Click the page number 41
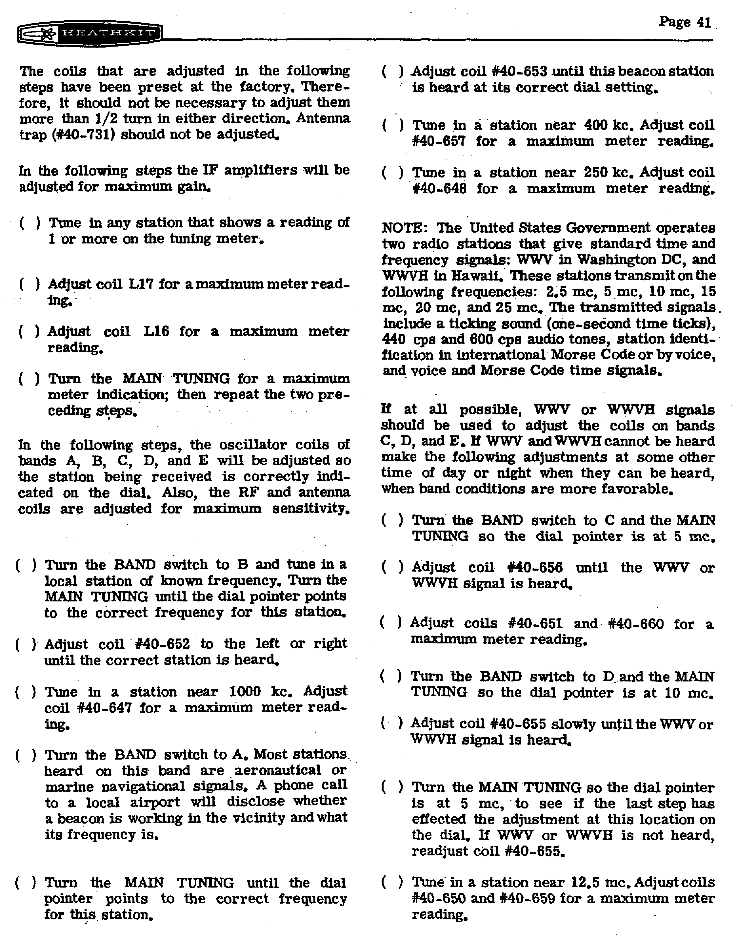(x=704, y=22)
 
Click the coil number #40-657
(x=439, y=142)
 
